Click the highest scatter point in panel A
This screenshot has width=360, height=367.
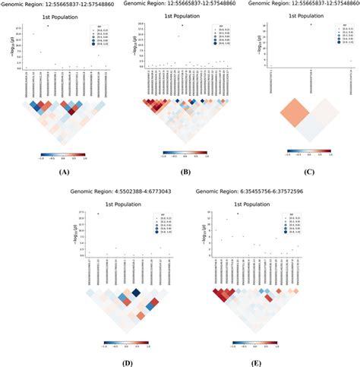pyautogui.click(x=48, y=25)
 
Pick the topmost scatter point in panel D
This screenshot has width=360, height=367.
pyautogui.click(x=99, y=214)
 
